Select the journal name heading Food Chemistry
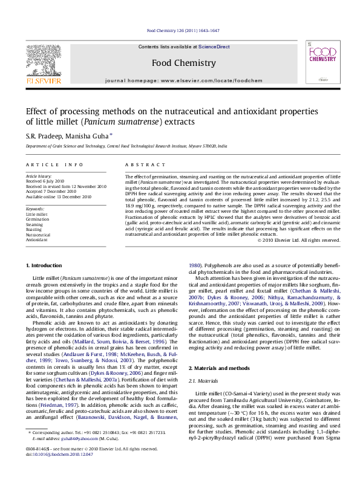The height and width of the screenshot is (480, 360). [x=183, y=63]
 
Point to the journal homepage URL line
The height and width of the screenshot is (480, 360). [x=183, y=80]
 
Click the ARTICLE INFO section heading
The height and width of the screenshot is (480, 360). [x=54, y=164]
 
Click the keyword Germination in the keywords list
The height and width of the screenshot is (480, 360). [x=38, y=219]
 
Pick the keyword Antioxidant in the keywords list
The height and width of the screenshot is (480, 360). [x=36, y=240]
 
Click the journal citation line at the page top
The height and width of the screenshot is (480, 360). [x=183, y=30]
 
